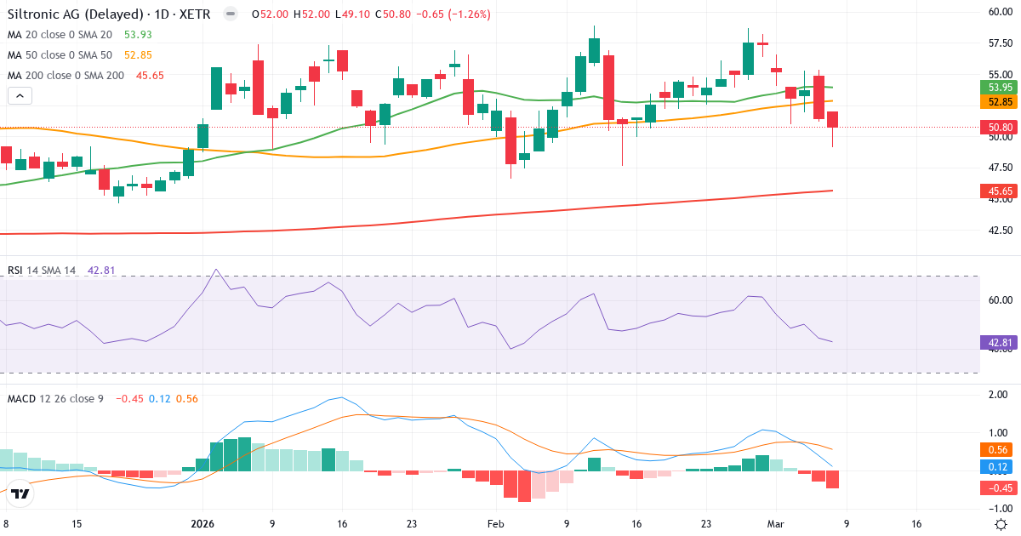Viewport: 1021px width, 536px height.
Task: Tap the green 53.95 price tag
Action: [999, 88]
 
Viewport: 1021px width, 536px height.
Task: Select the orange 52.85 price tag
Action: [999, 102]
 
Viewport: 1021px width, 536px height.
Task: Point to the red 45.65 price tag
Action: [999, 192]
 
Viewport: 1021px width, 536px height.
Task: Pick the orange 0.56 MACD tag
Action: [999, 450]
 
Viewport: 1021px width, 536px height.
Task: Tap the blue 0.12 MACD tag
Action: [999, 467]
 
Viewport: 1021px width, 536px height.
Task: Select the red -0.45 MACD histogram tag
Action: [999, 488]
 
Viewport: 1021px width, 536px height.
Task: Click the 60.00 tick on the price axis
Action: [999, 12]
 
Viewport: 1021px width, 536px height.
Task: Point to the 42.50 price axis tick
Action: [999, 231]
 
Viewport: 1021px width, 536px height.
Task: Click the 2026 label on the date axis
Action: [203, 524]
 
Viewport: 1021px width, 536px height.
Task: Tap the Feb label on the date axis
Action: [497, 524]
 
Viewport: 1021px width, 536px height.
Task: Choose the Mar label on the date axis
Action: [775, 524]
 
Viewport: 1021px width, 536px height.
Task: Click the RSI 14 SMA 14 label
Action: [42, 271]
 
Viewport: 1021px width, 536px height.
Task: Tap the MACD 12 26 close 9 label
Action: [55, 398]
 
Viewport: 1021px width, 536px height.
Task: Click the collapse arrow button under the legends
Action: [20, 96]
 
